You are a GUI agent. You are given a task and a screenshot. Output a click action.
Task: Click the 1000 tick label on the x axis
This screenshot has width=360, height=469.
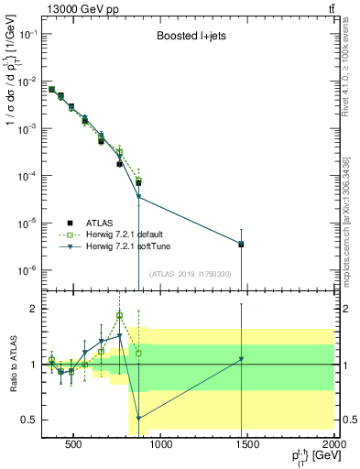(x=161, y=447)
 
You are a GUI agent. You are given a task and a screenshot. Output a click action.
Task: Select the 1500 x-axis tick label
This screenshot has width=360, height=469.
(x=248, y=447)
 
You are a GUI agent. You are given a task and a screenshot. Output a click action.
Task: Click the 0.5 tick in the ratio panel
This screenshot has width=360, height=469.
(x=28, y=420)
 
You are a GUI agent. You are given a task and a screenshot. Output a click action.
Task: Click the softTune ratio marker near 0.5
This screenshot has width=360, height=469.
(x=138, y=418)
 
